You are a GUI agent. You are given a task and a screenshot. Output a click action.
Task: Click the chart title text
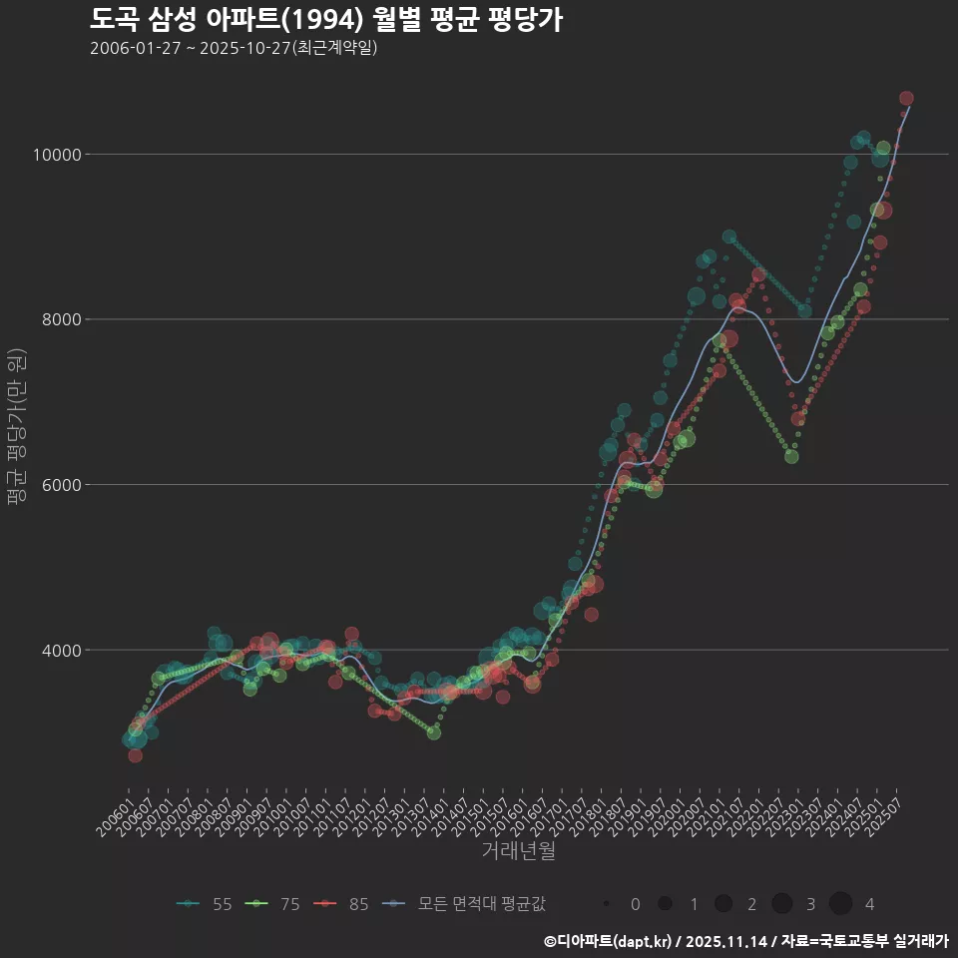click(x=325, y=19)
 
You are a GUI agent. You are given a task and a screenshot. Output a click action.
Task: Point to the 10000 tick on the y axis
click(x=57, y=155)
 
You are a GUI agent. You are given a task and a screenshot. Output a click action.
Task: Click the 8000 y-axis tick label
click(x=61, y=319)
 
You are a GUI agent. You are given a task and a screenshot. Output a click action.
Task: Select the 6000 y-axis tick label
click(x=61, y=485)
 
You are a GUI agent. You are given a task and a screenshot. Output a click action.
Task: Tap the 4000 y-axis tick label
click(x=61, y=651)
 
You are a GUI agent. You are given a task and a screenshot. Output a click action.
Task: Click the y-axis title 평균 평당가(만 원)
click(x=15, y=429)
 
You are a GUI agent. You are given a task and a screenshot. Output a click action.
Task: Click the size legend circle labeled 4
click(x=840, y=903)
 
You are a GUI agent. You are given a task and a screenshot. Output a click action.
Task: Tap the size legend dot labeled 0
click(x=607, y=903)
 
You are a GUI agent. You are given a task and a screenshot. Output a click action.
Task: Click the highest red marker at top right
click(x=906, y=98)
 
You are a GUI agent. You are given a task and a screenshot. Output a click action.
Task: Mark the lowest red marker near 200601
click(x=135, y=755)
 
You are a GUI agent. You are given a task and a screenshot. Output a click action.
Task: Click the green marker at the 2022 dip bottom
click(x=791, y=456)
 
